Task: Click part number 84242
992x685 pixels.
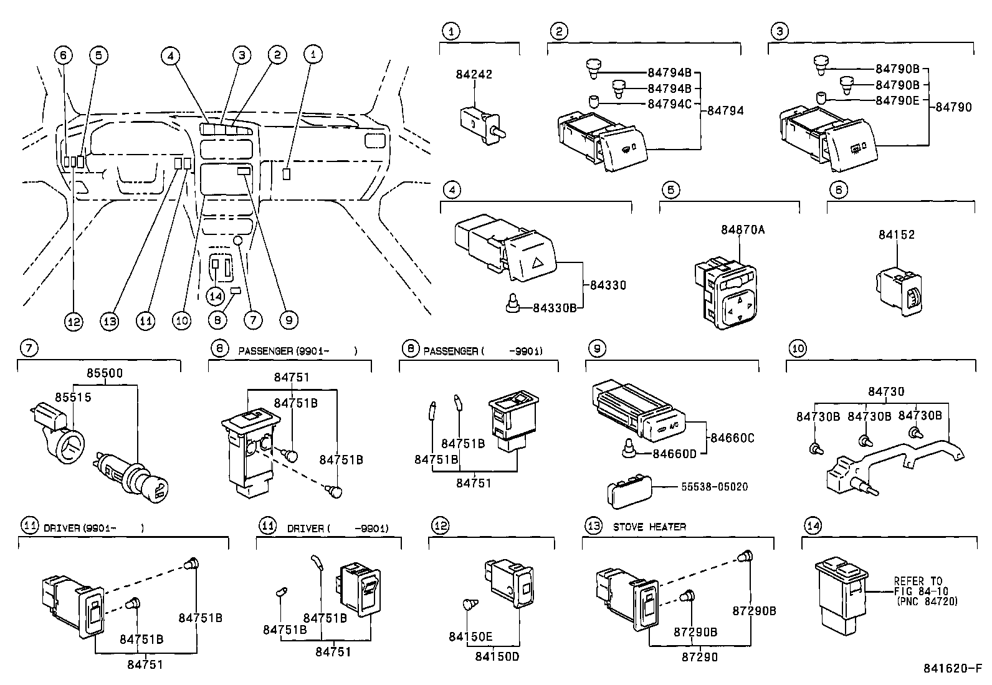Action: pos(474,74)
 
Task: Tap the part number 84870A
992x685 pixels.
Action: pos(743,229)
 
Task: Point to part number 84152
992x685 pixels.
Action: pos(897,234)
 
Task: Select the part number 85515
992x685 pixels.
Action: pos(72,396)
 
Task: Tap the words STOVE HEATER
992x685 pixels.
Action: pos(649,527)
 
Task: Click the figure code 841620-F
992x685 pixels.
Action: pos(952,668)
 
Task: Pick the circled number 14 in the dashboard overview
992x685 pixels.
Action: pos(216,296)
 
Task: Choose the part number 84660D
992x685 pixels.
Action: pos(674,453)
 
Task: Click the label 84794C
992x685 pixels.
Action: pos(669,103)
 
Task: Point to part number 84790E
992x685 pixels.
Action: pos(897,100)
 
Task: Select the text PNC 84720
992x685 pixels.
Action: pos(926,601)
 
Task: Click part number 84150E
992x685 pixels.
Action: pos(470,636)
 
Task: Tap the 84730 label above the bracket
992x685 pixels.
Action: pos(886,391)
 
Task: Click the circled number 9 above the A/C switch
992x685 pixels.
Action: pos(596,348)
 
